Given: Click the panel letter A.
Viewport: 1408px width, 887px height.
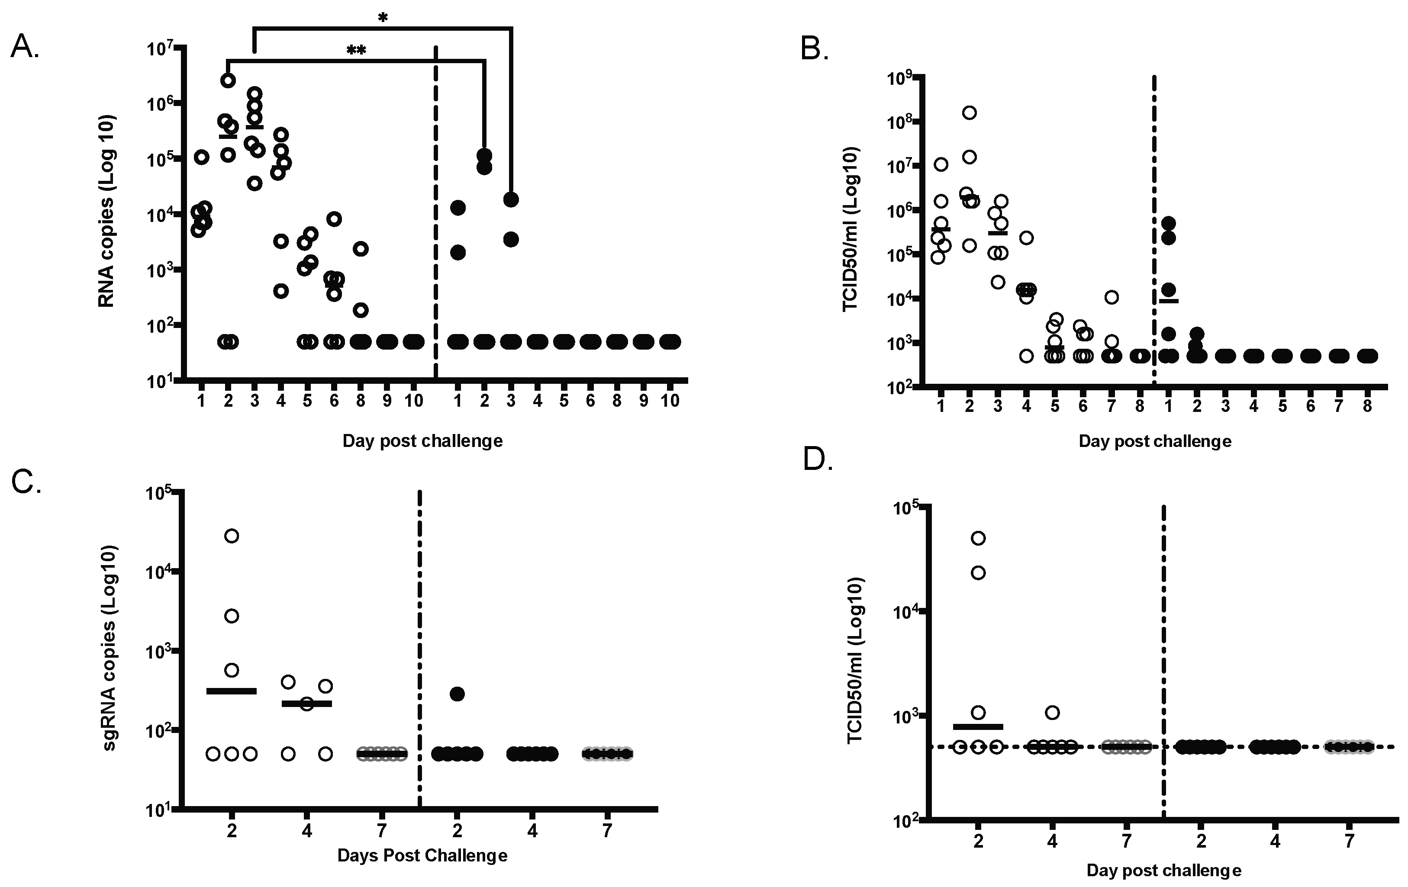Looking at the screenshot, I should click(x=25, y=46).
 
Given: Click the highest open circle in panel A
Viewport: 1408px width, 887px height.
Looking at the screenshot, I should click(x=229, y=80).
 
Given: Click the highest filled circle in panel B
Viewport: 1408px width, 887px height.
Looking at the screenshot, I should click(x=1168, y=223).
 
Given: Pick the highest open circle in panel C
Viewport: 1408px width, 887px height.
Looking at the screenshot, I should click(x=232, y=536).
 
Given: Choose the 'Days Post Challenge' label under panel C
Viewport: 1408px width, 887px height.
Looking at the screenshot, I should click(x=422, y=855).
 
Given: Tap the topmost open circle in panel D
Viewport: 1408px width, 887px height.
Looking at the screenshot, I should click(x=978, y=538).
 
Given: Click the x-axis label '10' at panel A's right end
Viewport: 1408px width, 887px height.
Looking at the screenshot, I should click(x=670, y=401).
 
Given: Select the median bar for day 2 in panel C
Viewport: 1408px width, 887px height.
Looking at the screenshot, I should click(x=232, y=691).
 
